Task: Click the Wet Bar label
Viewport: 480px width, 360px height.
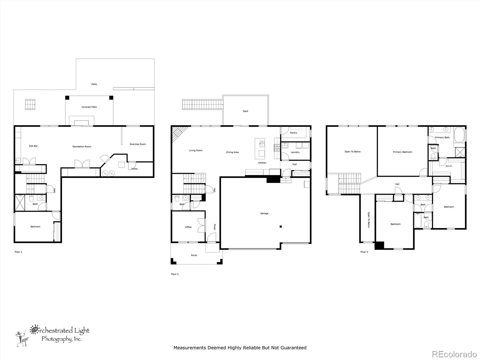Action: coord(33,146)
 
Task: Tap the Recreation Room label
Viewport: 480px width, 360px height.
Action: coord(82,147)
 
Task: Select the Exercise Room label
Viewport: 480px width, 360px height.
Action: coord(138,144)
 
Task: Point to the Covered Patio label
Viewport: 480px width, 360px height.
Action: coord(89,107)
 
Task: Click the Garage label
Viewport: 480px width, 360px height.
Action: coord(264,214)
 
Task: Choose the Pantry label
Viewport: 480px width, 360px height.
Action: coord(293,133)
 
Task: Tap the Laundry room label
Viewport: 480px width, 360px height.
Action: coord(295,152)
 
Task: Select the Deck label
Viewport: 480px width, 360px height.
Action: coord(245,111)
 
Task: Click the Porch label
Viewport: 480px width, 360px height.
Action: coord(194,255)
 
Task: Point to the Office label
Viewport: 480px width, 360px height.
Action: coord(188,227)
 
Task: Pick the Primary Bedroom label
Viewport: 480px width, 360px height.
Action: coord(402,152)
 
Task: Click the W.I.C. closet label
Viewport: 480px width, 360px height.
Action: coord(449,166)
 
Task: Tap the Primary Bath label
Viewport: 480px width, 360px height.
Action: coord(442,137)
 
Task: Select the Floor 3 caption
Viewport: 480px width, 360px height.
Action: coord(364,252)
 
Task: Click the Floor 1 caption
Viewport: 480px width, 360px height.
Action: coord(18,252)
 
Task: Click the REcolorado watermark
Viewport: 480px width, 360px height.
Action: coord(454,354)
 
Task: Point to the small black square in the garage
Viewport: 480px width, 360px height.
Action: coord(280,227)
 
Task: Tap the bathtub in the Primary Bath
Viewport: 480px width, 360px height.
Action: coord(459,135)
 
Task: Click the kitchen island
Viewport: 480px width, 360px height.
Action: coord(260,148)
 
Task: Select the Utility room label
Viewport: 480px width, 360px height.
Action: coord(134,169)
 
